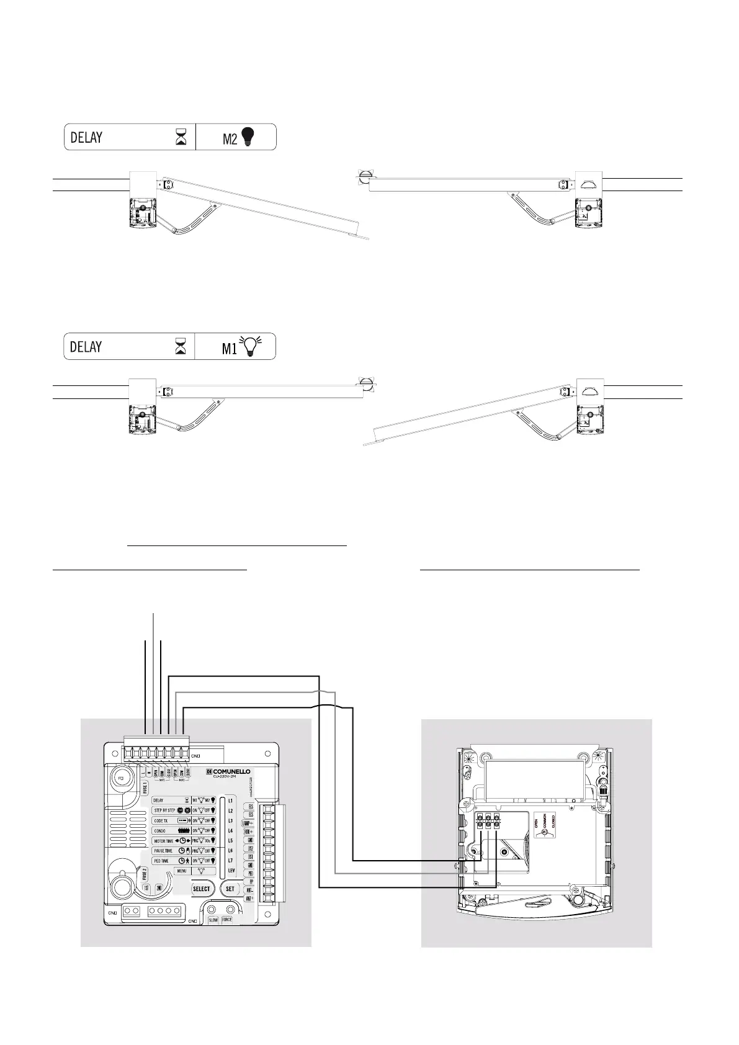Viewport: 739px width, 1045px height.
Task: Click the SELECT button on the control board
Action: [202, 889]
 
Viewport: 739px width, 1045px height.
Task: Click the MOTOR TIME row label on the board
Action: [164, 841]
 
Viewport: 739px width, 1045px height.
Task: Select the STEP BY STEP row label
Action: [164, 810]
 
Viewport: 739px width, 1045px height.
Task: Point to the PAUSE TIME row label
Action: [164, 851]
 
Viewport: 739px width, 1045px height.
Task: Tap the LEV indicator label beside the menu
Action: [231, 871]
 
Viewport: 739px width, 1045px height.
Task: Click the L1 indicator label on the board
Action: [231, 801]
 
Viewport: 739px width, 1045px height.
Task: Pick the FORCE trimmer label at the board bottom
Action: [227, 920]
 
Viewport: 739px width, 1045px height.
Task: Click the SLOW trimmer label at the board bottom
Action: [213, 920]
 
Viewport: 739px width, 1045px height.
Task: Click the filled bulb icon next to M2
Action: [248, 137]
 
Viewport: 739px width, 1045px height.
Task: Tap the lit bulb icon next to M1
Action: [251, 346]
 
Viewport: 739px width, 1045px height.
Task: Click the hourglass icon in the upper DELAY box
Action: [181, 137]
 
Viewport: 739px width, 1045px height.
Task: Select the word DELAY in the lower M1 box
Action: [86, 346]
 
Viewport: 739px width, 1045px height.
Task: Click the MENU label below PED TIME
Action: [182, 871]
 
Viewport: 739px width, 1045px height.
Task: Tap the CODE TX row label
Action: [161, 820]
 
